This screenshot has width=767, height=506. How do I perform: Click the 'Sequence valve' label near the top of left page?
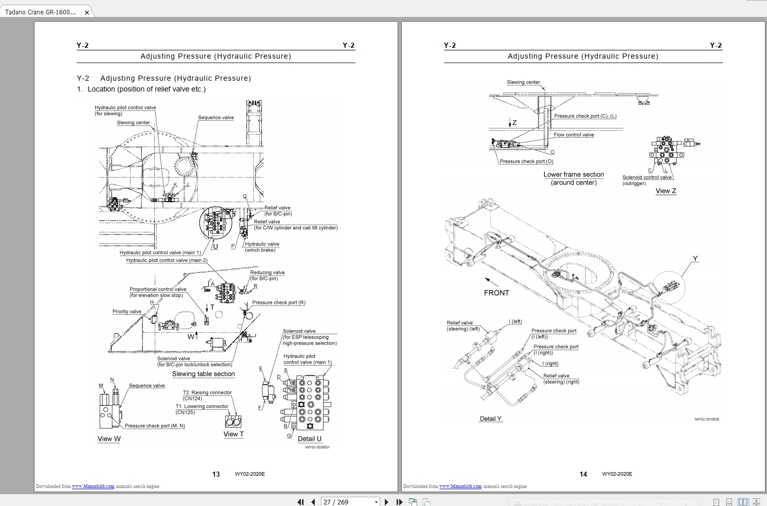(216, 118)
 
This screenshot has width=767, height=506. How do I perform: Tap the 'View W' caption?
(109, 439)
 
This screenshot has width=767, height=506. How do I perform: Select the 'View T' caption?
(234, 434)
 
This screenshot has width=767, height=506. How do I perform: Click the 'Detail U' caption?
(310, 439)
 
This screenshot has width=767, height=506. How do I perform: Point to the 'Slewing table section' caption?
(203, 374)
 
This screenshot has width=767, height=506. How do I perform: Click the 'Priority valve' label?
(127, 312)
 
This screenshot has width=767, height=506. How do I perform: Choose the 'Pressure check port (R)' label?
(278, 302)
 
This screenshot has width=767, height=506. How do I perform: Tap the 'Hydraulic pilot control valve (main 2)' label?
(167, 260)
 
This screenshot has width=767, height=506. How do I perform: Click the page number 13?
(216, 474)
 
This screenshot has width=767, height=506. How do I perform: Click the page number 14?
(583, 474)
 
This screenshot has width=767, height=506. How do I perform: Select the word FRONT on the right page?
(496, 293)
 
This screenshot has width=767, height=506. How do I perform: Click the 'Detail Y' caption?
(490, 419)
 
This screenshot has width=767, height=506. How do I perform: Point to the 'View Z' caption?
(666, 191)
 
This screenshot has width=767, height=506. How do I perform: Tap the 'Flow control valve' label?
(574, 135)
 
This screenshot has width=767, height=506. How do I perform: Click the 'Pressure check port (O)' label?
(526, 161)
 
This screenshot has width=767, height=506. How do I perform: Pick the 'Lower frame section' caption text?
(574, 175)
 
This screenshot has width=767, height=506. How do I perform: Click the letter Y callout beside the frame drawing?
(695, 259)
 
